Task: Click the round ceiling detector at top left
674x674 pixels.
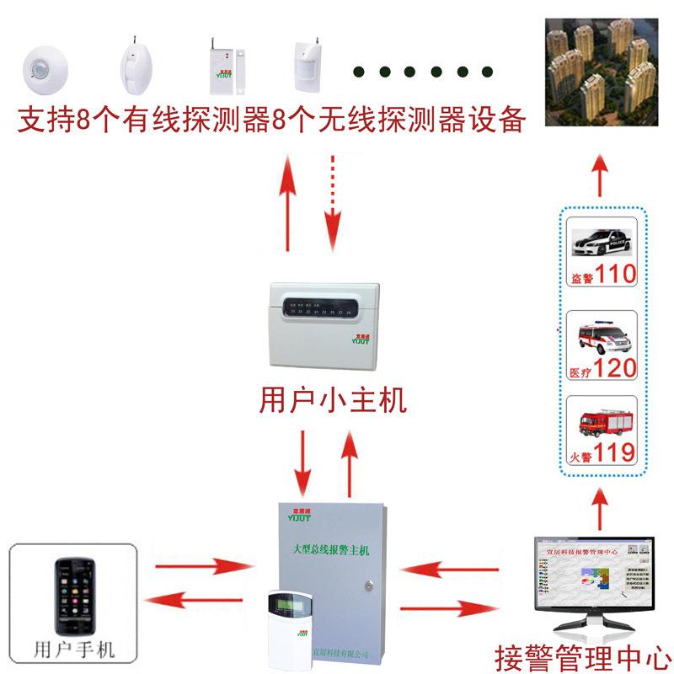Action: [x=41, y=69]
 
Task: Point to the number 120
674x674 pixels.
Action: [x=616, y=368]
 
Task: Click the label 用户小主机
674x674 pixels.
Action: [x=333, y=399]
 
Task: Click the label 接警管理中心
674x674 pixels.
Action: [x=583, y=655]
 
